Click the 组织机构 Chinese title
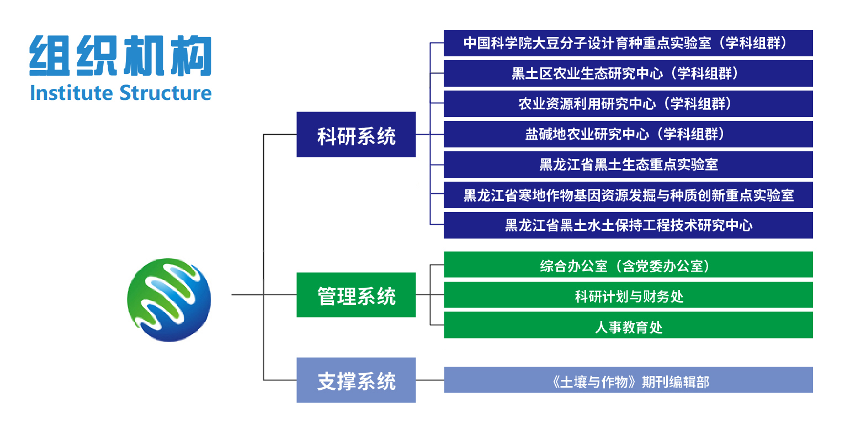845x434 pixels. pos(120,56)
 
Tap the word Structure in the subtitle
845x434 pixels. pos(166,93)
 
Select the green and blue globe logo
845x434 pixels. pos(169,299)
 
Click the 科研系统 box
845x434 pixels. pos(356,135)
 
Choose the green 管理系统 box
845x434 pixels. pos(356,295)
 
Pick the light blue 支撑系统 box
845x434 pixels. pos(356,380)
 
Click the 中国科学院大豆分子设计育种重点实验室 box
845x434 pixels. pos(628,43)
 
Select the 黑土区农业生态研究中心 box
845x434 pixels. pos(628,73)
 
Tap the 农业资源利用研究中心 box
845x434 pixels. pos(628,104)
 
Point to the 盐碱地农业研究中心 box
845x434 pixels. pos(628,134)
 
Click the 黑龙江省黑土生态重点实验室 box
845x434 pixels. pos(628,165)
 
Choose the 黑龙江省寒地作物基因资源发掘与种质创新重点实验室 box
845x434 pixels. pos(628,195)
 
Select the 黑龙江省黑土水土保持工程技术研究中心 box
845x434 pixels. pos(628,225)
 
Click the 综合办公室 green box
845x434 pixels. pos(628,265)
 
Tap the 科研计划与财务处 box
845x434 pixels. pos(628,295)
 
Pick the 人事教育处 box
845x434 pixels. pos(628,326)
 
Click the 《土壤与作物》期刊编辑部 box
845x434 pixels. pos(628,380)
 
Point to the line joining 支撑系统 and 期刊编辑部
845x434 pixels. pos(430,380)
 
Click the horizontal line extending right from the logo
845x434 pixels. pos(247,294)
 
